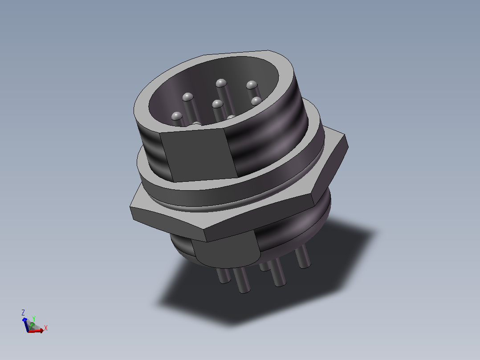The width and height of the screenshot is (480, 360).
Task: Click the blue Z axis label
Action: [23, 312]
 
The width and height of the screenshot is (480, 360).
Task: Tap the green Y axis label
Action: [34, 319]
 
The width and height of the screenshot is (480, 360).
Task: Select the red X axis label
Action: [45, 328]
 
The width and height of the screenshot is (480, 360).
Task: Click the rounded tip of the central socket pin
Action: [217, 104]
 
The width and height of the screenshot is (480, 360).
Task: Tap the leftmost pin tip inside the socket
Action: [177, 116]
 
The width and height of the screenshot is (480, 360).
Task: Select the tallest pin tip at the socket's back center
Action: [221, 83]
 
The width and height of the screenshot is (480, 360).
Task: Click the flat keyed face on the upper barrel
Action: [199, 155]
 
